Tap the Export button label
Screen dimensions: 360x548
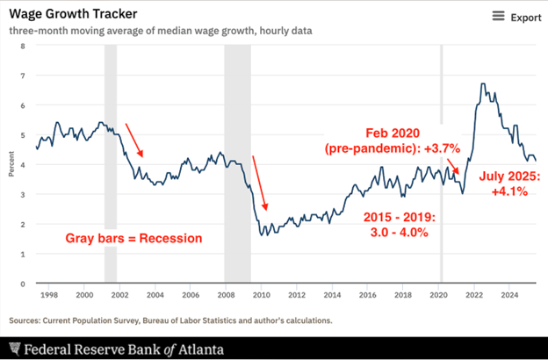(x=526, y=18)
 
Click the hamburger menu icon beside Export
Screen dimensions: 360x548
(x=498, y=17)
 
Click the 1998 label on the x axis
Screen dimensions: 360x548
(x=49, y=296)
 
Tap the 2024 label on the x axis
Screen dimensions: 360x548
(x=509, y=296)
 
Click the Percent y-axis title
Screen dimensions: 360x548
(x=11, y=165)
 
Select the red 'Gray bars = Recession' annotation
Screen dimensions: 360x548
(x=134, y=238)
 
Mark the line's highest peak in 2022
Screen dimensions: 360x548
(x=482, y=84)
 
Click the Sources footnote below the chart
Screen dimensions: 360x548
(x=171, y=320)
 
